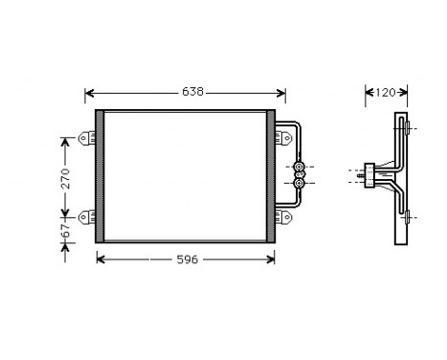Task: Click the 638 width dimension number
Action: click(192, 93)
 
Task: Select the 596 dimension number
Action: click(187, 259)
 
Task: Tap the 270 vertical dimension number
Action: click(66, 178)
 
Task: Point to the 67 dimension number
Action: click(66, 233)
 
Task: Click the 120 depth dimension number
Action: click(385, 93)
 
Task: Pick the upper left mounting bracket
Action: click(88, 140)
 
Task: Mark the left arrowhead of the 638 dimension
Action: click(89, 93)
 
